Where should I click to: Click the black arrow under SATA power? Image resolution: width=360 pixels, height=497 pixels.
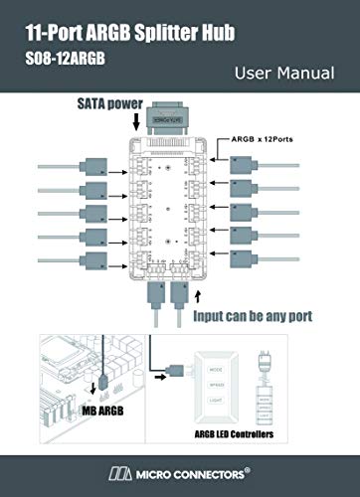pyautogui.click(x=136, y=122)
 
